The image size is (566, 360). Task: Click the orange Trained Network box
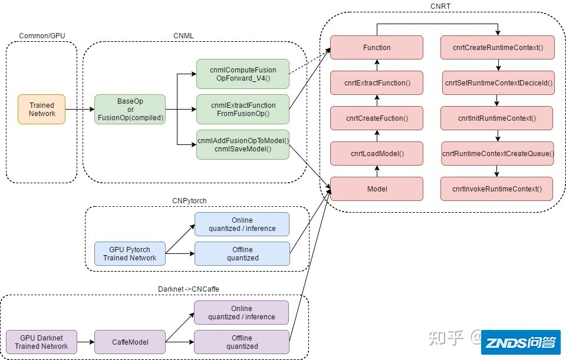click(41, 109)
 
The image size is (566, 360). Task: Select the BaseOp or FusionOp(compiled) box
click(130, 110)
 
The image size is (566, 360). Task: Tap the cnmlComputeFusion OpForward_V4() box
click(243, 74)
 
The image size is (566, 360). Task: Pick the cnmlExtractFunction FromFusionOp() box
click(243, 109)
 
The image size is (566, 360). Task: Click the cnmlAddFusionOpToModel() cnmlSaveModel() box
click(243, 144)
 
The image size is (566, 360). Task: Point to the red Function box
click(377, 48)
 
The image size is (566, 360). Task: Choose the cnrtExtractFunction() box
click(377, 83)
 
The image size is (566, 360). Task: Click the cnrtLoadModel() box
click(377, 153)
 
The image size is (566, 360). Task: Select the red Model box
click(377, 189)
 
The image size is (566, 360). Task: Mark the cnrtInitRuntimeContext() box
click(496, 118)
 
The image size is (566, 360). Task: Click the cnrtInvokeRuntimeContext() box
click(496, 189)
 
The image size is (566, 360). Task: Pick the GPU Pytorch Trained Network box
click(130, 253)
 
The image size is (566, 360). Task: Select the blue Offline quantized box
click(242, 253)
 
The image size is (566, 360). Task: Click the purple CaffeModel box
click(130, 342)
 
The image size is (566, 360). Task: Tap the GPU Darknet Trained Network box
click(41, 342)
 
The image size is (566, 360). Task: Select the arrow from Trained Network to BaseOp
click(80, 110)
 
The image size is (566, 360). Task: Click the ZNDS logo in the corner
click(520, 342)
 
